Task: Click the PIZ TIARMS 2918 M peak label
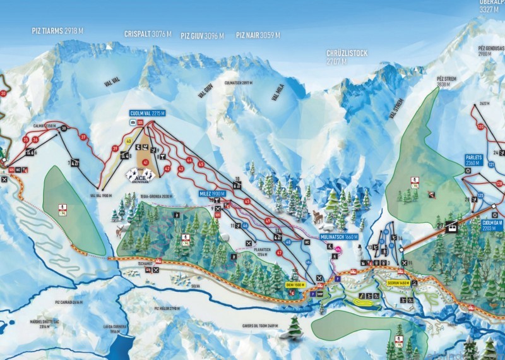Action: tap(58, 30)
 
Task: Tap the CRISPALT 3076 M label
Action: tap(148, 34)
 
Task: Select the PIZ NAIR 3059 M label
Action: tap(258, 35)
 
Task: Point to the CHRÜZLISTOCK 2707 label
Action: tap(347, 57)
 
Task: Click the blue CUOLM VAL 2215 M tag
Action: tap(147, 113)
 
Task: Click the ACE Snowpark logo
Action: tap(140, 174)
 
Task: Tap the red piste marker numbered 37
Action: tap(83, 137)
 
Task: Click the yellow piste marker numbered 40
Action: tap(129, 141)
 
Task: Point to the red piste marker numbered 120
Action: tap(480, 127)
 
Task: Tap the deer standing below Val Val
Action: tap(118, 232)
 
